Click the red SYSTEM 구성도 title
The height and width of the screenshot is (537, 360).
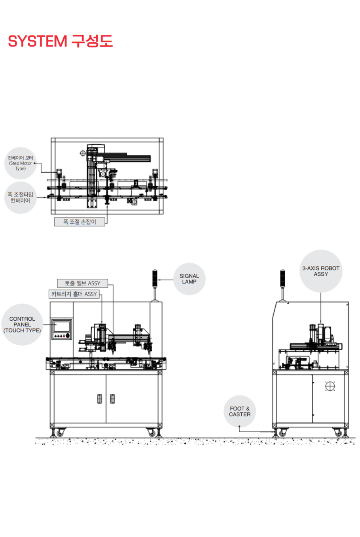[61, 41]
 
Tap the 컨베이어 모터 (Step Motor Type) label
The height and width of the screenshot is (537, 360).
[21, 163]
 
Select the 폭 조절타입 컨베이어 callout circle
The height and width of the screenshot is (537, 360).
[21, 198]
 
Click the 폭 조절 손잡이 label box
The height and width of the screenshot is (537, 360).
[80, 222]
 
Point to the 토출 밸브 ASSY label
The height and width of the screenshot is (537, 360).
[83, 283]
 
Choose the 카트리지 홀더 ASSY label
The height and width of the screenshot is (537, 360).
[74, 294]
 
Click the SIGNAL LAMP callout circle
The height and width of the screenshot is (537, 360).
[189, 279]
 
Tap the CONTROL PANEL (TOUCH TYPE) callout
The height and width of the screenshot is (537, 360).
[22, 325]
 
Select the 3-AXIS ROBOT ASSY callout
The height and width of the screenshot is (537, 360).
[321, 271]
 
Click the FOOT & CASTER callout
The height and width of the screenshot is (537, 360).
[240, 411]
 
